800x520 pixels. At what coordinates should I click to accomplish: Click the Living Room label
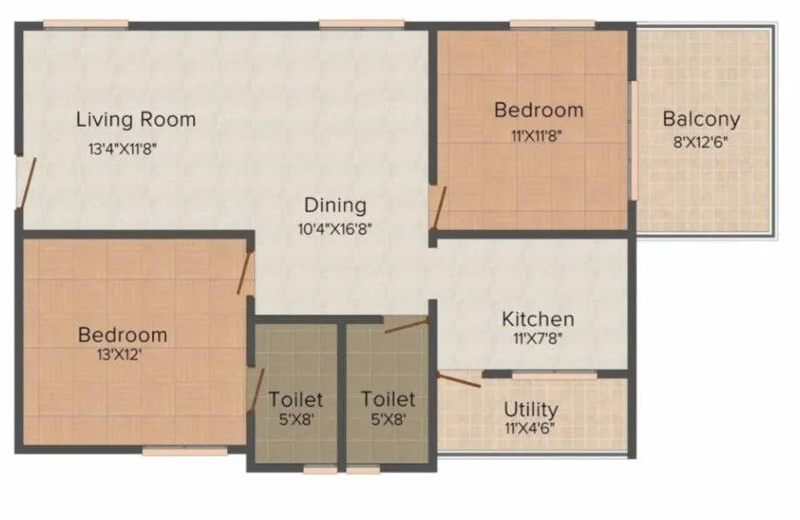tap(135, 119)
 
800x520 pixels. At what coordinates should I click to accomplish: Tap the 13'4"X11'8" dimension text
tap(128, 149)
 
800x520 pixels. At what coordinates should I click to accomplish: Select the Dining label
tap(334, 206)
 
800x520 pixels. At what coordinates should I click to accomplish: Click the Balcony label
tap(700, 119)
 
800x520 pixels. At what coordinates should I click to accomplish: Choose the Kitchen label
tap(537, 319)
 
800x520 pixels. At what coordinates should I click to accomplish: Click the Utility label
tap(531, 409)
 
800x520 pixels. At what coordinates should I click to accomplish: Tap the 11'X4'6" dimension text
tap(530, 430)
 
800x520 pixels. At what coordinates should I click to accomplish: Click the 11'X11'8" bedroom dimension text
tap(538, 135)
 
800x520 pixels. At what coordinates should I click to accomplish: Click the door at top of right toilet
tap(406, 325)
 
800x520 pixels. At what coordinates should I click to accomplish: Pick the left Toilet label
tap(295, 399)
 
